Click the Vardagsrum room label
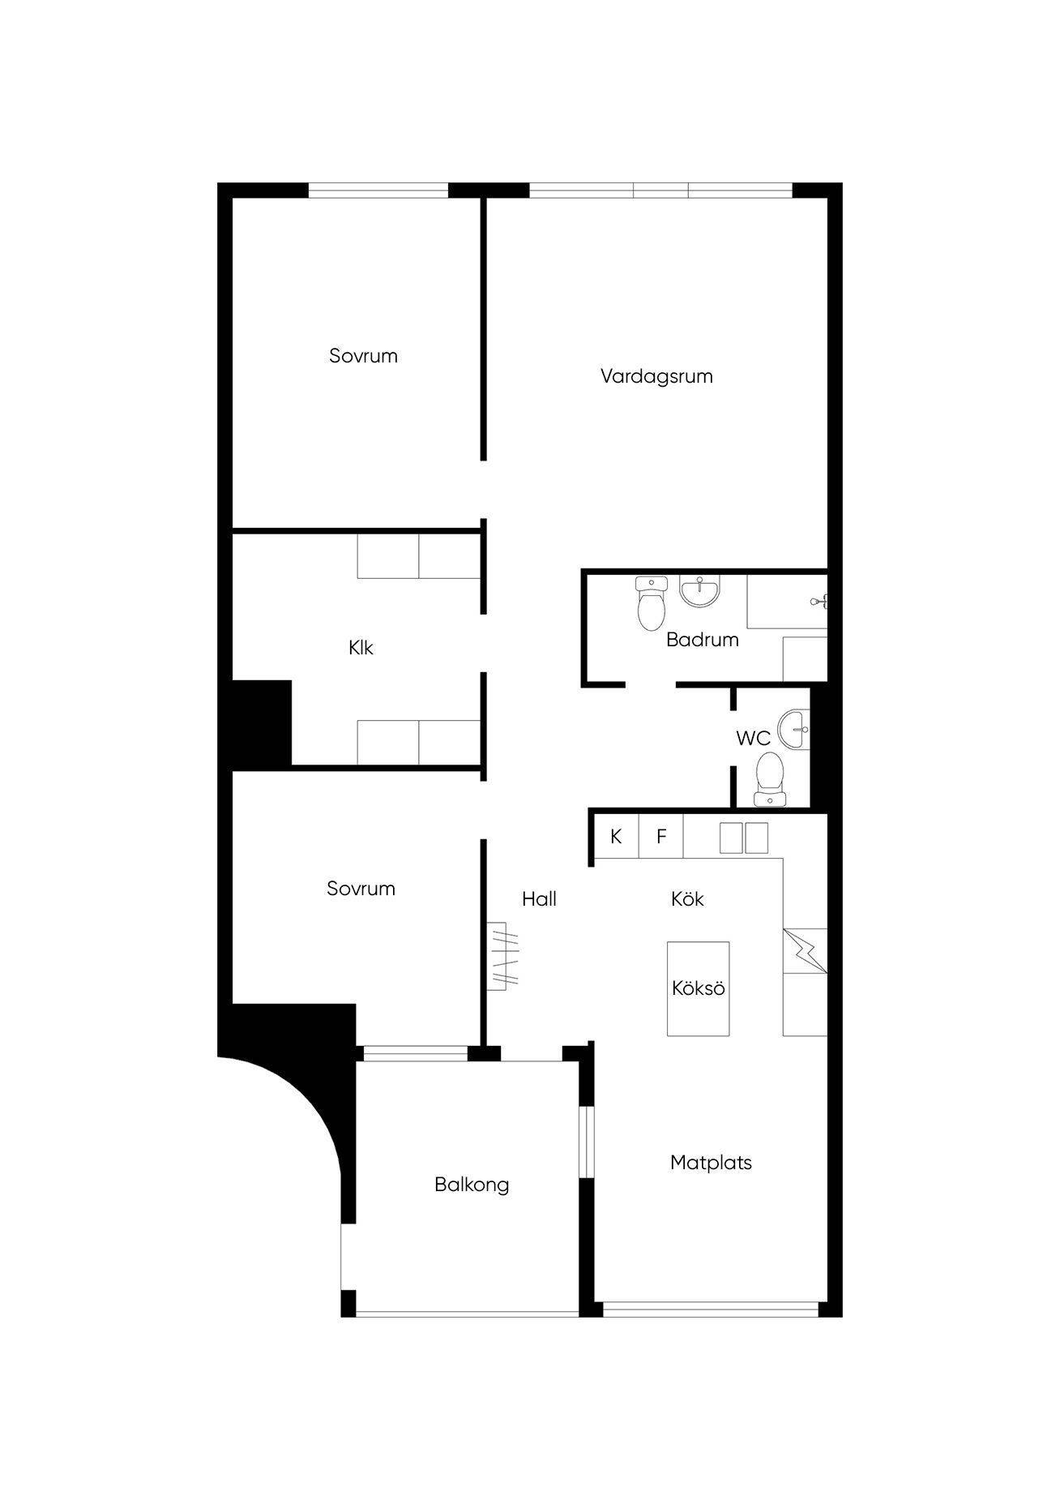pos(656,376)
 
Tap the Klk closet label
pos(361,648)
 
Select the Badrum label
pos(703,640)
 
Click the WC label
pos(753,739)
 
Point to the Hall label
pos(539,898)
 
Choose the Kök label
pos(687,898)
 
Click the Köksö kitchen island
pos(698,988)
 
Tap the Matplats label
pos(711,1163)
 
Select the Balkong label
pos(472,1185)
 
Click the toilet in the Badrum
pos(651,603)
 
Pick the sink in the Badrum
pos(699,591)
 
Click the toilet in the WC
pos(769,779)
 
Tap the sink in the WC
pos(794,729)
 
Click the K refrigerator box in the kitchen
pos(616,836)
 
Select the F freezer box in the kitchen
pos(661,836)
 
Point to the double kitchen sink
pos(744,838)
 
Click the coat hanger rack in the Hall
pos(503,956)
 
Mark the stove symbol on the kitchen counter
pos(805,951)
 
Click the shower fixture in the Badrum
pos(820,601)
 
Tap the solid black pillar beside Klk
pos(262,723)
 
